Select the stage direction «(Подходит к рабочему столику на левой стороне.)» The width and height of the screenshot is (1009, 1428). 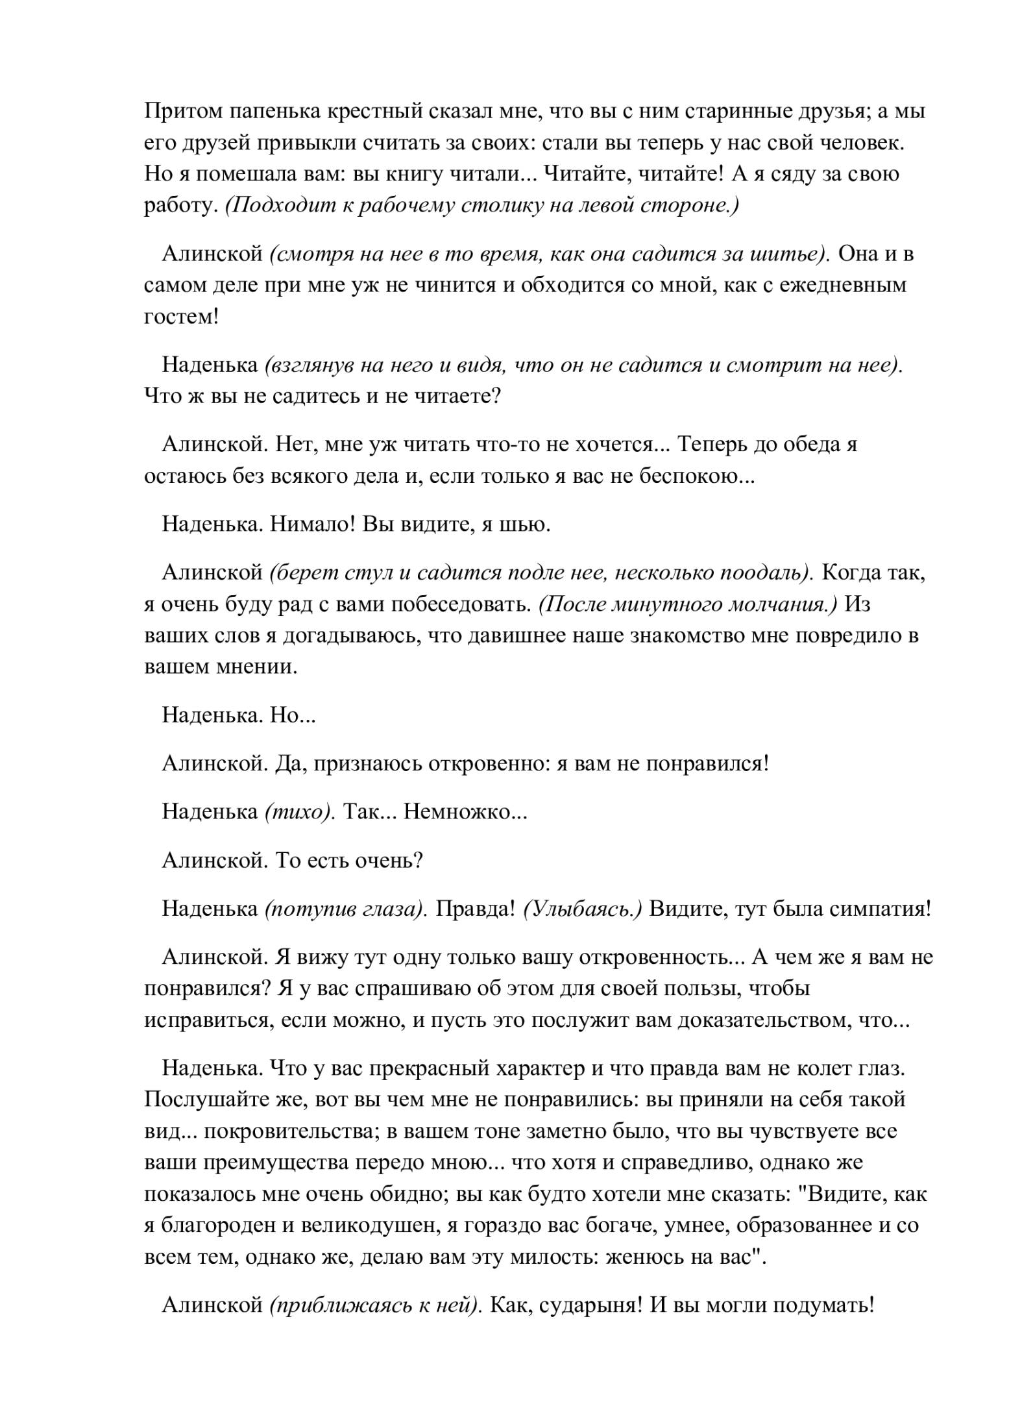pyautogui.click(x=482, y=206)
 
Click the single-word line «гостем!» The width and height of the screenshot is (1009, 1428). pyautogui.click(x=181, y=317)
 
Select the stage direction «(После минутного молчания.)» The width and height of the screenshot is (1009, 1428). pyautogui.click(x=688, y=604)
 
